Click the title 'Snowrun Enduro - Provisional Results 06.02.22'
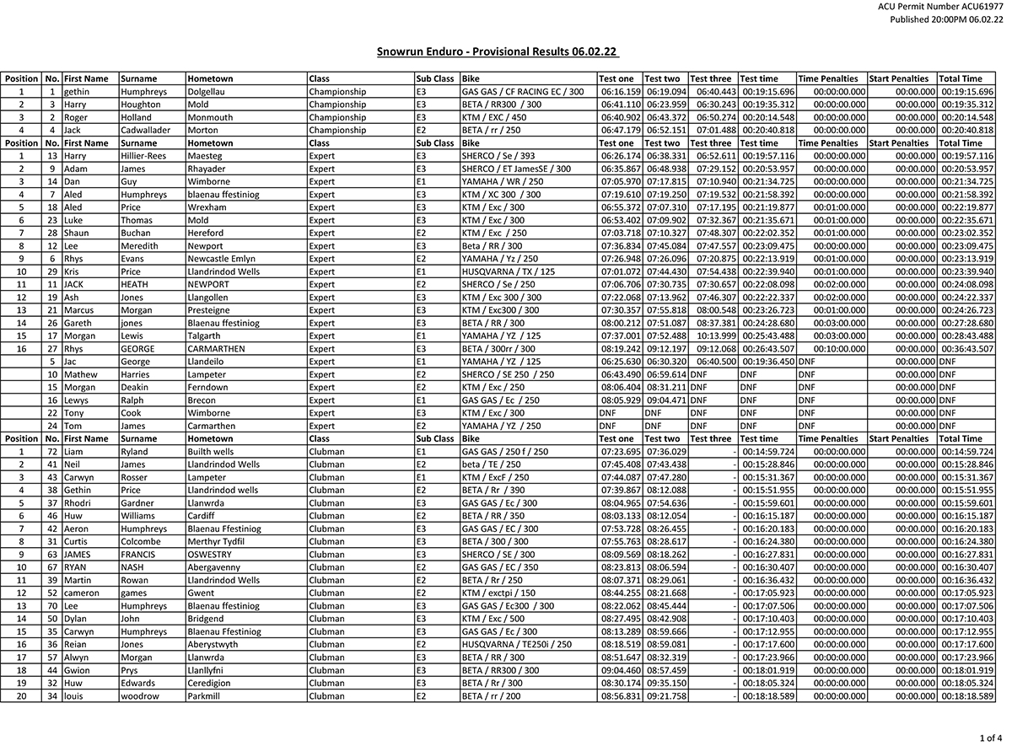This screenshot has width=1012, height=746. coord(498,52)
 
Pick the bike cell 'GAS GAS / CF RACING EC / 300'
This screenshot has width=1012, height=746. coord(523,92)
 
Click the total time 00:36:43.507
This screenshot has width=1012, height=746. coord(966,349)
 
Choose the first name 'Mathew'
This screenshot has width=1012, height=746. coord(80,374)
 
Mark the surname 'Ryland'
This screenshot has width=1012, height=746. coord(135,452)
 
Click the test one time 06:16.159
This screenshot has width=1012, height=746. coord(621,92)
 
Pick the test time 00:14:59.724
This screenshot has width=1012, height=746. coord(767,452)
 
